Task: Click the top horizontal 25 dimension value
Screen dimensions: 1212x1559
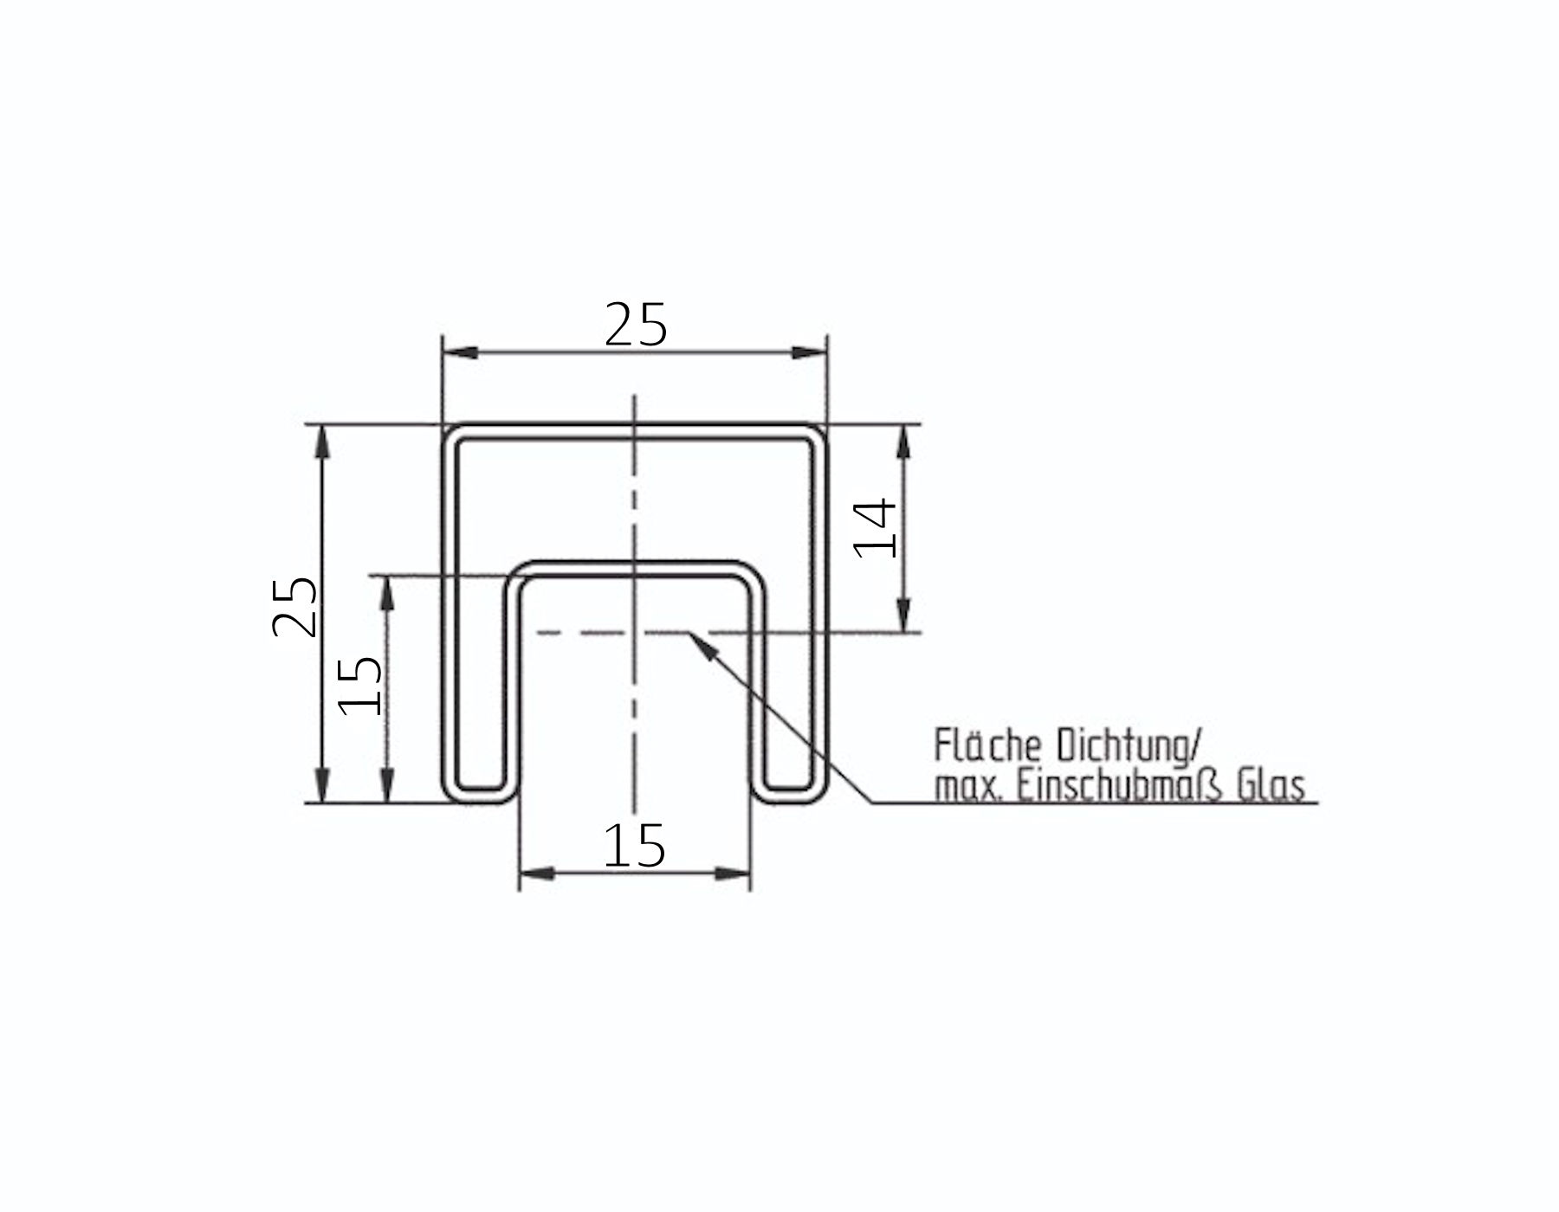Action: (635, 325)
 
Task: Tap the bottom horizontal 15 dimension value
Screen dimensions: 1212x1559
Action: (634, 845)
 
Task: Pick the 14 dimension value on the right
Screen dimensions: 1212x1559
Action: (875, 528)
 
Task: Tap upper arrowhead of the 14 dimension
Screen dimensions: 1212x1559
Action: (903, 442)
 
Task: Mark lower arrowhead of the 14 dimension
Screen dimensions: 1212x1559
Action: (903, 616)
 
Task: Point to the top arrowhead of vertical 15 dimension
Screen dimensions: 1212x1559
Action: (387, 593)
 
